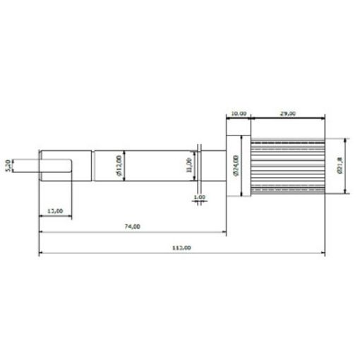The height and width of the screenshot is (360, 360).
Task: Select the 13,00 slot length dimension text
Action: tap(54, 210)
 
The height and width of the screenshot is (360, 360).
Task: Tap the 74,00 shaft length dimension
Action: tap(132, 227)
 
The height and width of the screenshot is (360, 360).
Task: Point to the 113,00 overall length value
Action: tap(181, 248)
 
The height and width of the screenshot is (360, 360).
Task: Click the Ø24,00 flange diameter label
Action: tap(236, 167)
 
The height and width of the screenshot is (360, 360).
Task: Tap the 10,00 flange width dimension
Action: tap(238, 112)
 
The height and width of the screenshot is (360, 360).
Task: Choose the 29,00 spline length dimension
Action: tap(287, 112)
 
